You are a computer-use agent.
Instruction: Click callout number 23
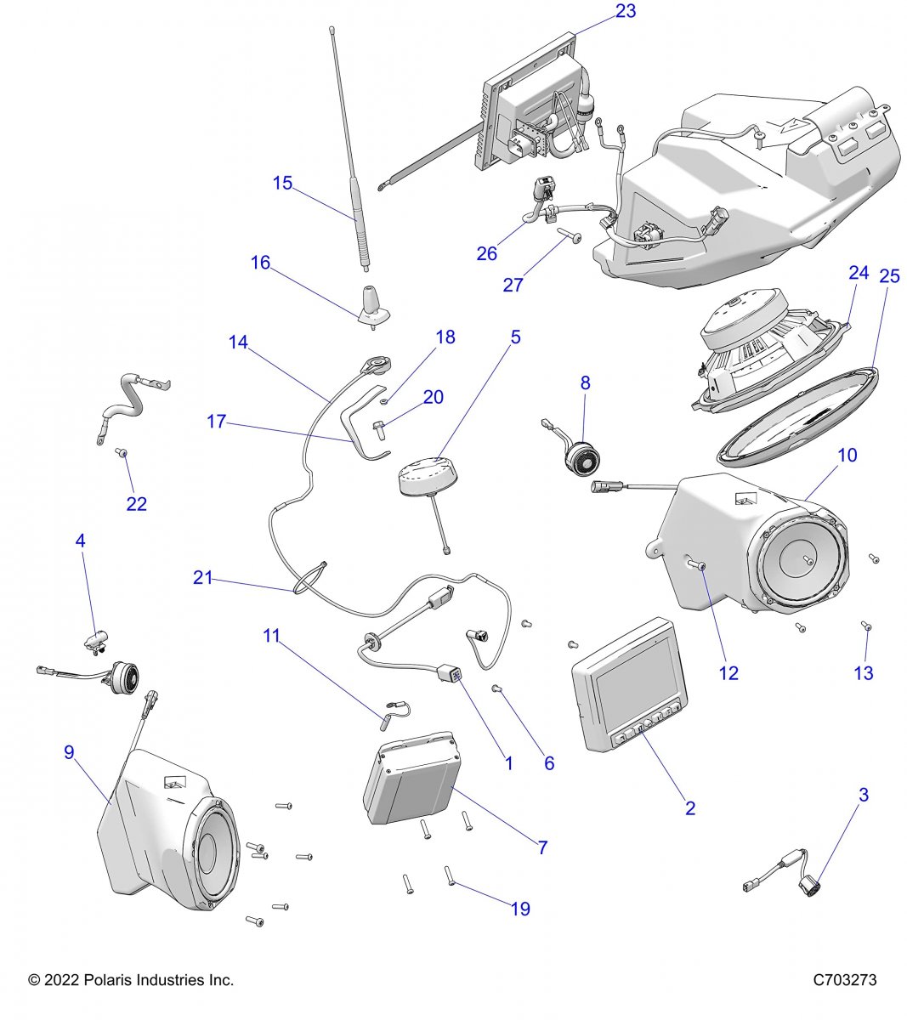[x=625, y=11]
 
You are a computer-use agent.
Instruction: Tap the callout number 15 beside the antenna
[x=282, y=183]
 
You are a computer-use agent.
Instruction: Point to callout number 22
[x=136, y=504]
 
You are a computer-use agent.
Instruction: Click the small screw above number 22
[x=122, y=453]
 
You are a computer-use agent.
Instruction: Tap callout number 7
[x=542, y=847]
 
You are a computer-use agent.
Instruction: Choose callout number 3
[x=864, y=796]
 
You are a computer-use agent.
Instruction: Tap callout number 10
[x=847, y=455]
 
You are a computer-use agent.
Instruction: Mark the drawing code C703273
[x=844, y=980]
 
